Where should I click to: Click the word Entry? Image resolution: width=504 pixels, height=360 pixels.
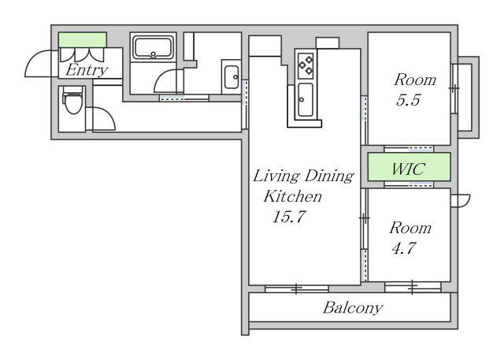pos(87,70)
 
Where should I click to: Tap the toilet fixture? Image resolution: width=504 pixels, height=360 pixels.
pos(73,99)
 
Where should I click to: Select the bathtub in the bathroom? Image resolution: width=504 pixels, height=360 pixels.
pos(154,48)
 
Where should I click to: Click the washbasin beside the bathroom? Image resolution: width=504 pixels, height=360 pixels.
pos(231,77)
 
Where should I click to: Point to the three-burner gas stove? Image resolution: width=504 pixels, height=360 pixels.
pos(306,65)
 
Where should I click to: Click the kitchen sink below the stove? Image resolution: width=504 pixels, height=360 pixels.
pos(305,100)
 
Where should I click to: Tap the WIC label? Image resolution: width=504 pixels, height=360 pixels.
pos(408,169)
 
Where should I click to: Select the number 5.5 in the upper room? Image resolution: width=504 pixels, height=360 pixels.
pos(408,100)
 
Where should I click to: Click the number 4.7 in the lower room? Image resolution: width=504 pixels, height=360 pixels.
pos(404,248)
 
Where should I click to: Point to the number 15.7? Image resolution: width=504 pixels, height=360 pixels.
pos(288,217)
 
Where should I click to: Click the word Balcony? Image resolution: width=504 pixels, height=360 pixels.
pos(353,308)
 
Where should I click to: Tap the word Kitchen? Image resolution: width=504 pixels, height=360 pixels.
pos(292,196)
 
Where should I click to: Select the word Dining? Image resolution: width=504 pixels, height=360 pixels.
pos(329,176)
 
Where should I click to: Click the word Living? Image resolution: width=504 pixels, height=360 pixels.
pos(276,176)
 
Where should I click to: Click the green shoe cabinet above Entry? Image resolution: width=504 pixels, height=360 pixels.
pos(82,40)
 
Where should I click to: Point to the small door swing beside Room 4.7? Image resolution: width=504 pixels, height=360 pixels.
pos(461,201)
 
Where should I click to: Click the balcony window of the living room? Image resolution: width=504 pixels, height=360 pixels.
pos(296,288)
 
